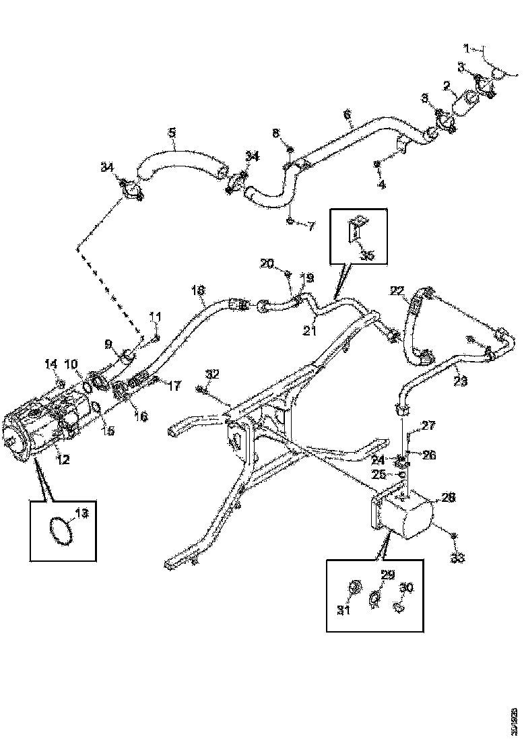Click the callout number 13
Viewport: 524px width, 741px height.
[x=81, y=514]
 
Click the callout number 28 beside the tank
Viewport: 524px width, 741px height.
[x=448, y=497]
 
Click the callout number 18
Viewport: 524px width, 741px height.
[x=197, y=290]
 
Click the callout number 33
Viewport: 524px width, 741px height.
[x=458, y=557]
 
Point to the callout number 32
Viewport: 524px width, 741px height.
[x=212, y=374]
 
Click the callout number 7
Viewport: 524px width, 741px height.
[x=310, y=226]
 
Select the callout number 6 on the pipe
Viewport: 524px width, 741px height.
[x=348, y=115]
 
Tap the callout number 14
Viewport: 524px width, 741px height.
[x=52, y=364]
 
